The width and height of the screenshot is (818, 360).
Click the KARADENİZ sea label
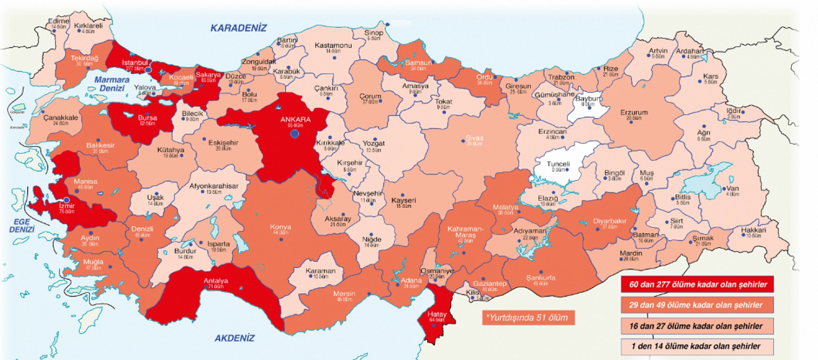238,28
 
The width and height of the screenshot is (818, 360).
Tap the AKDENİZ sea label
234,338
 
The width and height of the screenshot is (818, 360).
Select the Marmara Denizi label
112,84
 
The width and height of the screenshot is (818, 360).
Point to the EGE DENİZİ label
22,225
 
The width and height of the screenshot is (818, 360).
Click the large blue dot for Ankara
295,133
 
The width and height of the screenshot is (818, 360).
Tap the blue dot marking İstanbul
148,70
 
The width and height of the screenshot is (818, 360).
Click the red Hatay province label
437,315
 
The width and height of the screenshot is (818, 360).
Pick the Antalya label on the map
216,281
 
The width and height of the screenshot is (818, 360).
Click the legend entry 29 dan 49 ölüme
697,305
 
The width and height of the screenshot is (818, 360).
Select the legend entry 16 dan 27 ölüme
697,326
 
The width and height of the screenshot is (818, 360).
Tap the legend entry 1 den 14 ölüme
697,346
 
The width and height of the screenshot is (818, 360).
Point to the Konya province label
281,227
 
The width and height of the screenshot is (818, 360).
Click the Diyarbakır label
610,221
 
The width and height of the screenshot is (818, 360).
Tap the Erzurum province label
634,113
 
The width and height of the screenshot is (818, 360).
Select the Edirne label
58,21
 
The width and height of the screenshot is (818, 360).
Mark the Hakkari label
753,230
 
